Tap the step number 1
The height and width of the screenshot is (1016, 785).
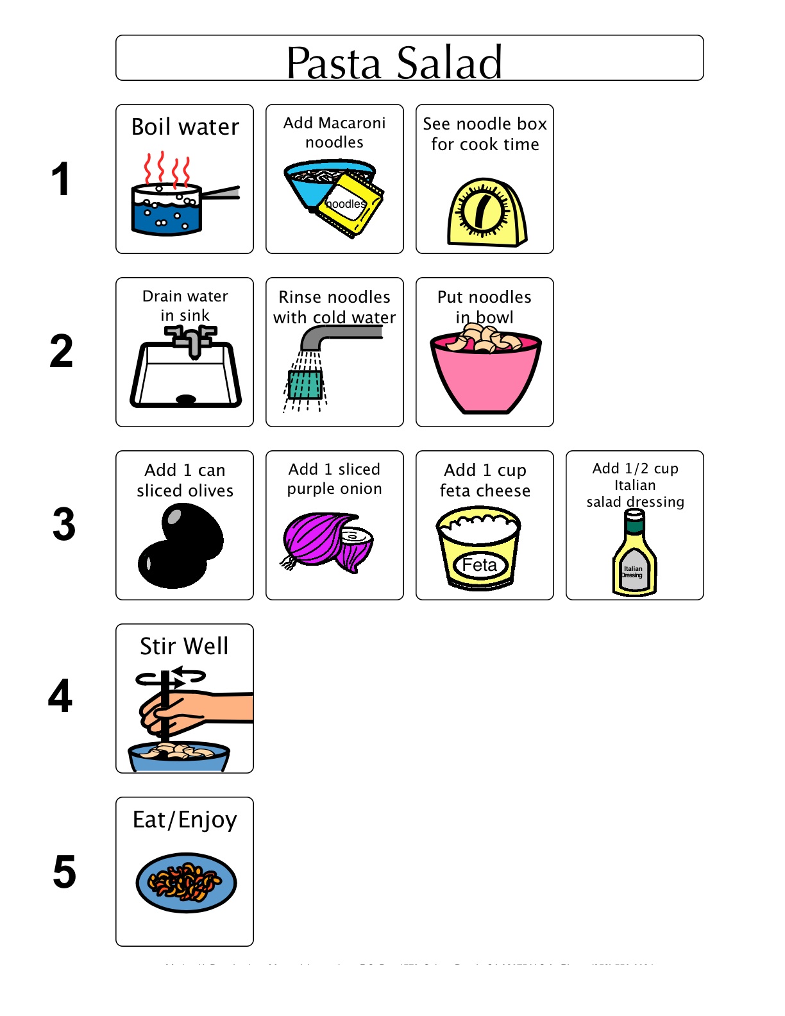(60, 179)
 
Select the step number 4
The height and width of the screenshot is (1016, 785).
(60, 696)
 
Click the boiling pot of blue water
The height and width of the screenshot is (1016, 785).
(167, 209)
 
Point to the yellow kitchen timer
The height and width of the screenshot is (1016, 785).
(485, 213)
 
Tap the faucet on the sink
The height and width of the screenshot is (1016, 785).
(191, 339)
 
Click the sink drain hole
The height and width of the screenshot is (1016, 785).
(186, 399)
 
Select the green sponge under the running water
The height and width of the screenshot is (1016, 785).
(305, 385)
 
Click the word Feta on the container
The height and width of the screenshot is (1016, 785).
(480, 565)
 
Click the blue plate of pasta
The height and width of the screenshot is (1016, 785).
(186, 883)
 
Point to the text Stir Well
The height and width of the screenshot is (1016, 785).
(184, 646)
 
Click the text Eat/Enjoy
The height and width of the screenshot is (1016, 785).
(185, 820)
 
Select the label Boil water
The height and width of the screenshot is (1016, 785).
(185, 126)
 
